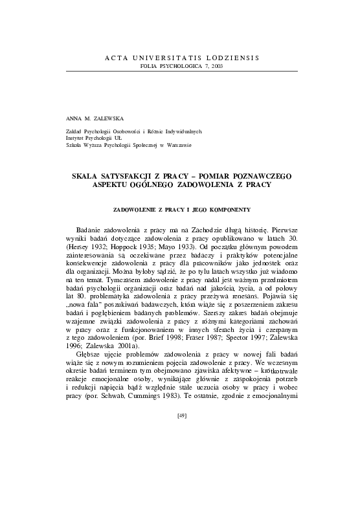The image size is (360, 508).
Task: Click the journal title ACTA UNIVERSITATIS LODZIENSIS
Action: pyautogui.click(x=181, y=58)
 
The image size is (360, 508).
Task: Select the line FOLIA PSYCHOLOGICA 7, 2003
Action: pyautogui.click(x=181, y=67)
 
